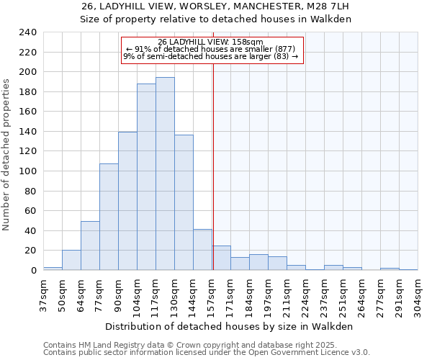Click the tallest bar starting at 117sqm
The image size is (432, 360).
(165, 174)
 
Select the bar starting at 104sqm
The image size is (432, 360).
(146, 177)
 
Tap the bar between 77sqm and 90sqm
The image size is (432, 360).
(109, 217)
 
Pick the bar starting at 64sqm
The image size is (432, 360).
(90, 246)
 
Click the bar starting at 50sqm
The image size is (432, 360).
(71, 260)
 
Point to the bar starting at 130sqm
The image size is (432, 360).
(184, 202)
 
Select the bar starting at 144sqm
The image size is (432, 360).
(202, 249)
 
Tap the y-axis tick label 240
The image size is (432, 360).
(28, 32)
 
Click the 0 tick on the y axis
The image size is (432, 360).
(33, 270)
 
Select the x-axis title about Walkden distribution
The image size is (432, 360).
(230, 326)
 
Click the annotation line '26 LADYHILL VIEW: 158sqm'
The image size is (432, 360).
(211, 42)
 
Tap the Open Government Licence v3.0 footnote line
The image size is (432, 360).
(207, 353)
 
